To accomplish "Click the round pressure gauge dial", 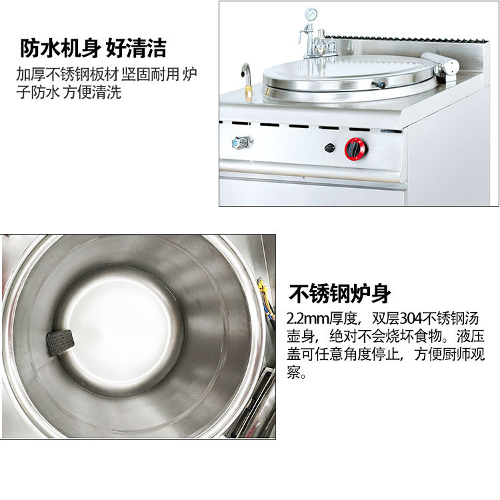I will point(311,15).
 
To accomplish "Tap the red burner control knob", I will point(355,149).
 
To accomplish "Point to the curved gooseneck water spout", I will point(245,72).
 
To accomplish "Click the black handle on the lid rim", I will point(379,84).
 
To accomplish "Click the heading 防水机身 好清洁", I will point(93,48).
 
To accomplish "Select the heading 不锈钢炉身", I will point(339,293).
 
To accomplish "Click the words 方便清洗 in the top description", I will point(92,93).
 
